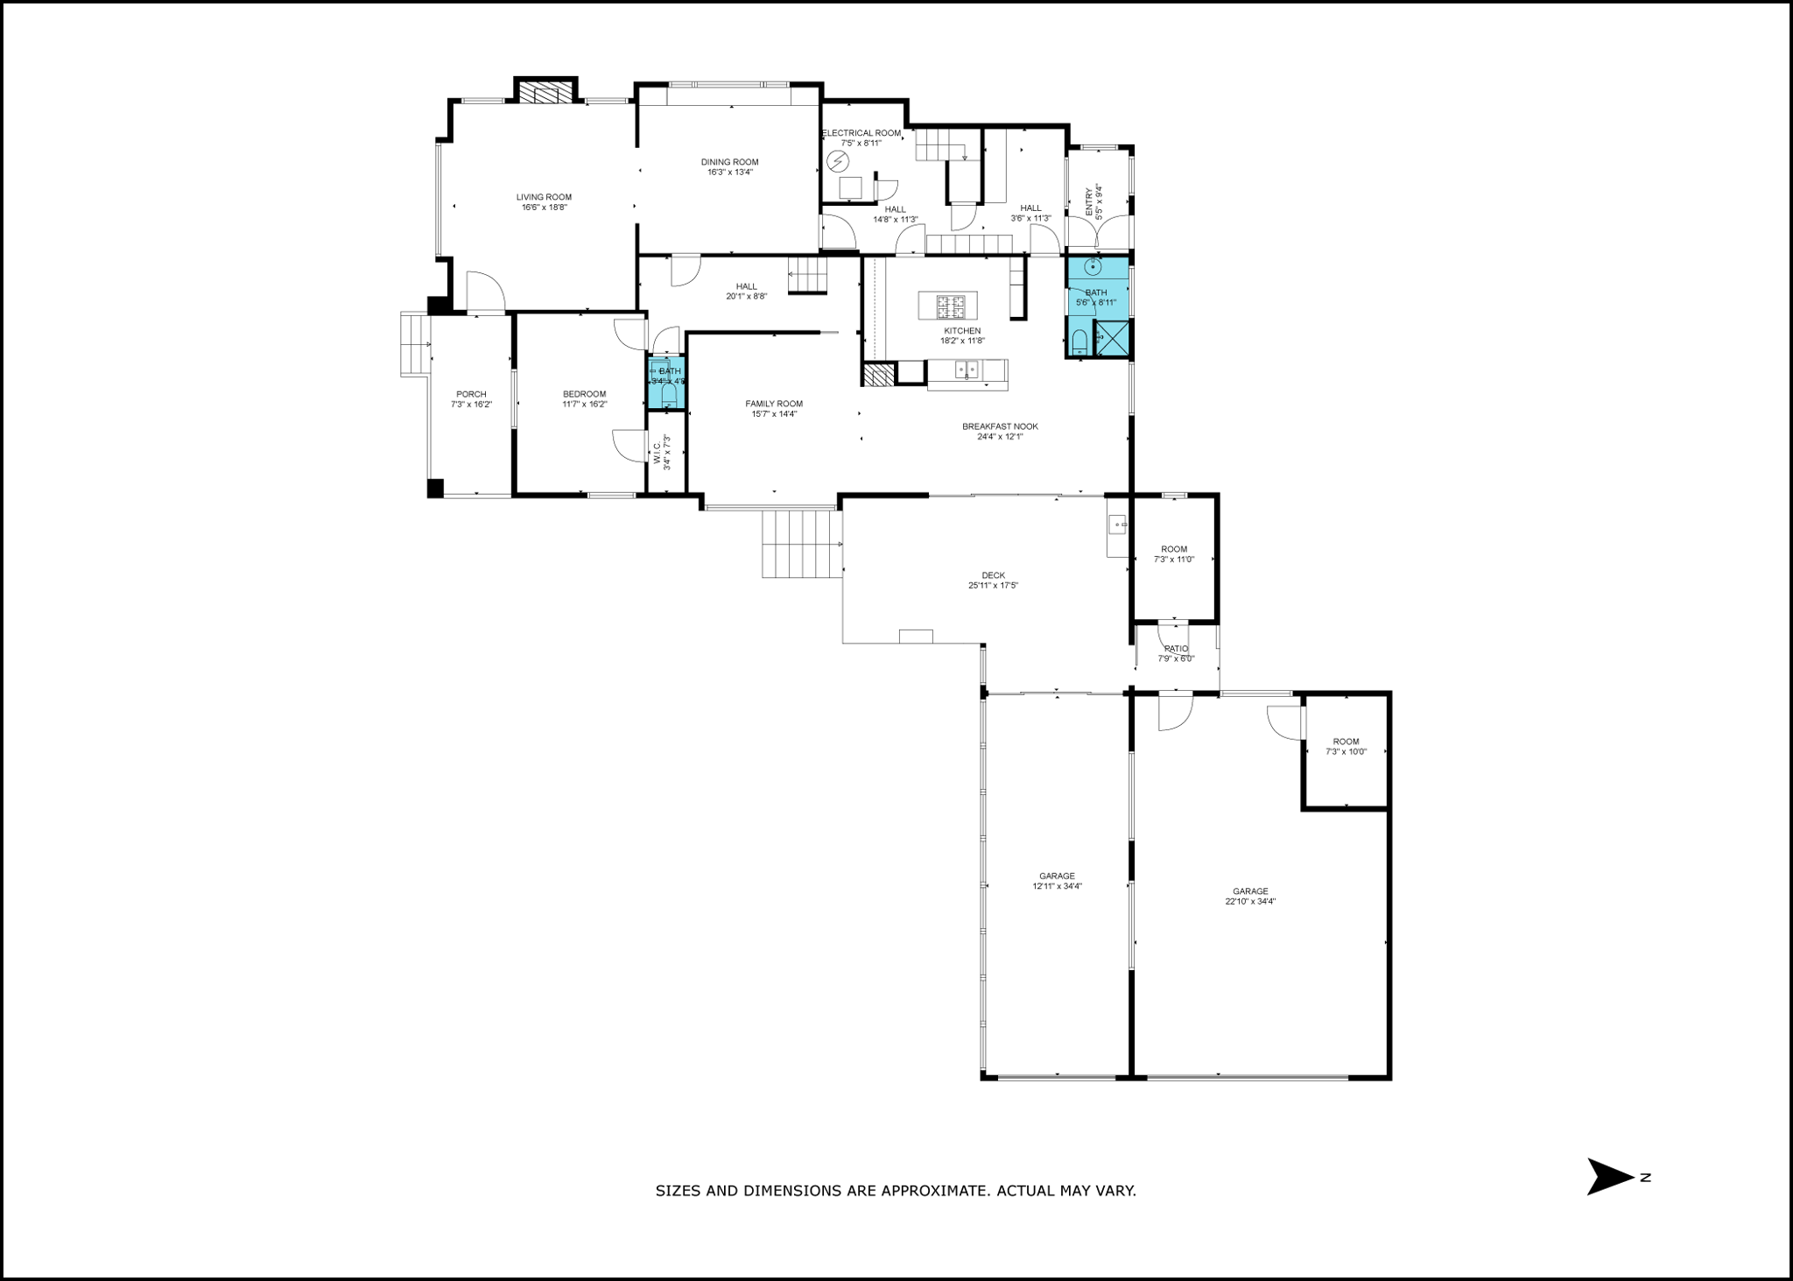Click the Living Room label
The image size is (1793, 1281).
(x=544, y=197)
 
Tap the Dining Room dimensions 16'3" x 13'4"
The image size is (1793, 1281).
(x=730, y=172)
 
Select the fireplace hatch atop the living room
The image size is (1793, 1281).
(x=545, y=93)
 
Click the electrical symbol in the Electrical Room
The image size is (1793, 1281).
(x=838, y=161)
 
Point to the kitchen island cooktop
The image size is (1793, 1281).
(x=950, y=306)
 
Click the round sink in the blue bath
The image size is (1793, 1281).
(x=1092, y=267)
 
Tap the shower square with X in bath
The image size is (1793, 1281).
(x=1112, y=340)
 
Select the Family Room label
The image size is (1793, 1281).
(x=774, y=404)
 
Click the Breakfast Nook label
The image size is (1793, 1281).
(x=1000, y=426)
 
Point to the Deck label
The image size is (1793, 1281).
(x=993, y=575)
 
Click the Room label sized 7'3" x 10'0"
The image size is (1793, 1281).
(x=1346, y=742)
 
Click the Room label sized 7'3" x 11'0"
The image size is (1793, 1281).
(x=1174, y=549)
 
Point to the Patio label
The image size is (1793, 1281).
(x=1176, y=649)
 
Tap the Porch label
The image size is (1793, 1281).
(x=471, y=394)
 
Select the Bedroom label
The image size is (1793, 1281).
(x=584, y=394)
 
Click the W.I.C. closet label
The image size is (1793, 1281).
(x=657, y=453)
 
